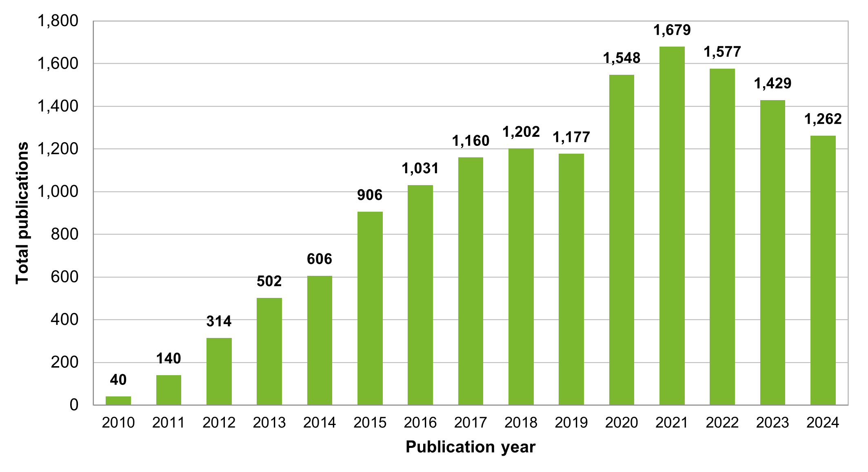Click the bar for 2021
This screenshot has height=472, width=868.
[x=672, y=226]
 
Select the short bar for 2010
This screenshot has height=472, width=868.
[x=118, y=400]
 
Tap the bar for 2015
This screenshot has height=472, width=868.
[x=370, y=308]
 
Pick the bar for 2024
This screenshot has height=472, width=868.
[x=823, y=270]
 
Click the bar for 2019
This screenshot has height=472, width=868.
[x=571, y=279]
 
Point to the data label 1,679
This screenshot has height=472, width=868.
[x=672, y=30]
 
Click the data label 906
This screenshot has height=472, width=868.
[x=370, y=195]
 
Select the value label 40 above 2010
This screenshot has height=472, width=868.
[x=118, y=380]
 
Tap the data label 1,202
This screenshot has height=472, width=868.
[x=521, y=132]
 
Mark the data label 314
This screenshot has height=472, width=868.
[x=219, y=321]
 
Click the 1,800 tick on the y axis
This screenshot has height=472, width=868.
[x=58, y=21]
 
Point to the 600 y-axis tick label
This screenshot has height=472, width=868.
[x=64, y=277]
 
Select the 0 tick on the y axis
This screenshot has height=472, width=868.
[x=74, y=405]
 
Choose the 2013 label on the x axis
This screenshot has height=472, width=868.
[x=269, y=423]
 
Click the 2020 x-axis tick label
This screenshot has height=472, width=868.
[x=621, y=423]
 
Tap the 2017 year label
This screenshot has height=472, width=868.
[x=471, y=423]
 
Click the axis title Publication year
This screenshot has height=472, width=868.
[x=470, y=447]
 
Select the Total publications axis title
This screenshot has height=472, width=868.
[x=22, y=213]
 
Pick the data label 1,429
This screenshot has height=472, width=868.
[x=772, y=83]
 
